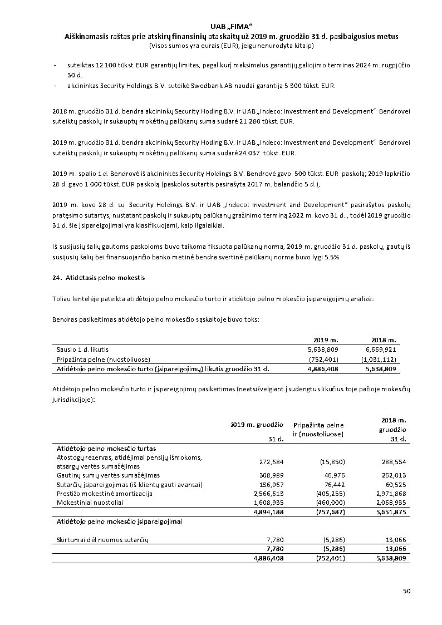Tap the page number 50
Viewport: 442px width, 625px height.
pos(406,590)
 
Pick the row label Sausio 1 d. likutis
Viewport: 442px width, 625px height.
pos(82,349)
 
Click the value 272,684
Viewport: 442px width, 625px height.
pos(272,461)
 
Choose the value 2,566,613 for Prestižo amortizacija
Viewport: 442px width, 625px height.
pos(269,493)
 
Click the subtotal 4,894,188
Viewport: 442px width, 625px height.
pos(269,511)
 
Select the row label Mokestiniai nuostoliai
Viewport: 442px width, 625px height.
pos(90,502)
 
